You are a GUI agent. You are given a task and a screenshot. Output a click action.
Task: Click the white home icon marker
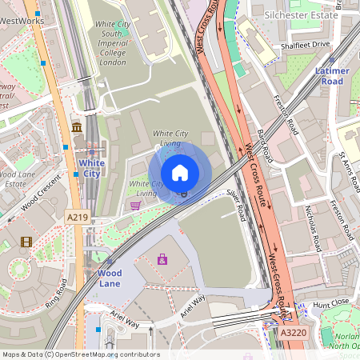point(180,172)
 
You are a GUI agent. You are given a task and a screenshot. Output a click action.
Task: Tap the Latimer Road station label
point(332,76)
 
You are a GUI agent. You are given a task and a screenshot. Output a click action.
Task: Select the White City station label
point(92,168)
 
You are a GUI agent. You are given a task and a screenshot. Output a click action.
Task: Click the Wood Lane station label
point(110,278)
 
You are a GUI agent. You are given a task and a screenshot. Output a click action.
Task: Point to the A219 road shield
point(77,217)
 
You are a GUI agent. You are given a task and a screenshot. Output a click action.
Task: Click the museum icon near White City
point(77,128)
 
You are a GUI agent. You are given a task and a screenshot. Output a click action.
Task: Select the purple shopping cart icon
point(135,206)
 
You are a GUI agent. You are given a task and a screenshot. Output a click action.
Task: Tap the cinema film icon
point(26,242)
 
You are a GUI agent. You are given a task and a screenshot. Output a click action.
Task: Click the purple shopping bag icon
point(163,259)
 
